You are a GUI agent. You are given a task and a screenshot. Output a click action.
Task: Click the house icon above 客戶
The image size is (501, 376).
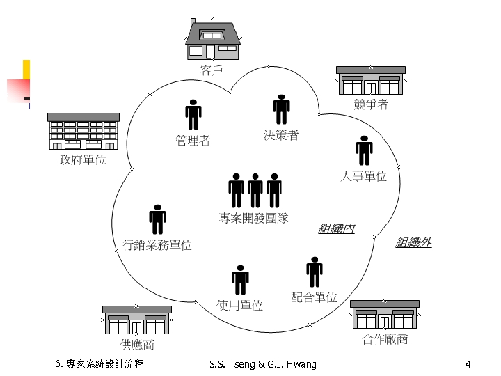click(213, 40)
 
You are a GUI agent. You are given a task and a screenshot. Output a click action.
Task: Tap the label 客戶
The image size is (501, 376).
click(212, 70)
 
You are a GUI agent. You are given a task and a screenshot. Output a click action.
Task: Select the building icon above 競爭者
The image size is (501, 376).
click(371, 81)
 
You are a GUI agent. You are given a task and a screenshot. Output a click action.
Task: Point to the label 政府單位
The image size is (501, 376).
click(83, 160)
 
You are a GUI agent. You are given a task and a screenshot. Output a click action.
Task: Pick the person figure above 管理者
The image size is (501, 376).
click(193, 114)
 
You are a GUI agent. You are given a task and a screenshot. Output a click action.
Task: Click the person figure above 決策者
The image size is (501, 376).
click(281, 109)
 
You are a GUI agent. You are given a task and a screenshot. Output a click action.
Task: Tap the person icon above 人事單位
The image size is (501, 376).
click(363, 150)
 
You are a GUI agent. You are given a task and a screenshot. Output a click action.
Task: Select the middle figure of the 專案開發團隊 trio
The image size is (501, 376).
click(255, 189)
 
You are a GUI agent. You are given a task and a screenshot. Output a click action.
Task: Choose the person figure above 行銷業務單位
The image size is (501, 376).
click(157, 219)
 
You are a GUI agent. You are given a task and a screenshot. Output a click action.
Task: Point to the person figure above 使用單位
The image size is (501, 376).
click(240, 279)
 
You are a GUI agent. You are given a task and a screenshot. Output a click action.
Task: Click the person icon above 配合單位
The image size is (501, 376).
click(314, 272)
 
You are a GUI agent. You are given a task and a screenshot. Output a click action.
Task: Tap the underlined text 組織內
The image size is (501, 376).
click(337, 228)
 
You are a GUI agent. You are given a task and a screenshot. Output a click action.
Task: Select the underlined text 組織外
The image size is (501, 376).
click(413, 242)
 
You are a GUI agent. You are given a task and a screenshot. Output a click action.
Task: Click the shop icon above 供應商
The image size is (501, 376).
click(136, 320)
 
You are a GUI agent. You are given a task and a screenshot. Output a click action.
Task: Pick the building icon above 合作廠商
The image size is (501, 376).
click(384, 315)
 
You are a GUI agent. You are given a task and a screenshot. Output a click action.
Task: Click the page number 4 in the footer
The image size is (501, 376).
click(468, 363)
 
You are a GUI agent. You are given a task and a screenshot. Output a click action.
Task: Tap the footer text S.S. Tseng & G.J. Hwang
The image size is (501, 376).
click(262, 363)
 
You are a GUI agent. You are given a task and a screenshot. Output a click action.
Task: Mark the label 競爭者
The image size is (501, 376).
click(371, 104)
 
